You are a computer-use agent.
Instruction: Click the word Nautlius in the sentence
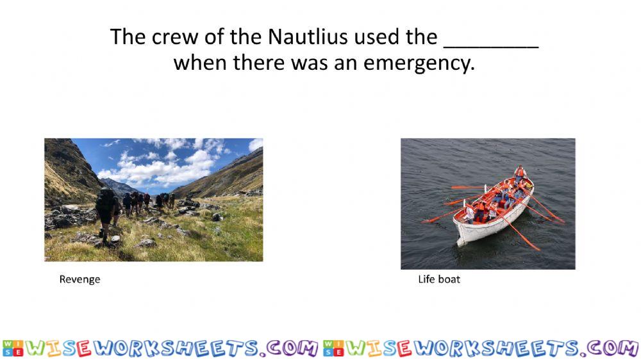[x=308, y=37]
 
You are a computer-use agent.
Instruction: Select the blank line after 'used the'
[x=491, y=47]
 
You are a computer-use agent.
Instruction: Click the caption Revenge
[x=79, y=279]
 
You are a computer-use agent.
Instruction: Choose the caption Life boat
[x=439, y=279]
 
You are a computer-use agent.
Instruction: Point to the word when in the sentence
[x=200, y=63]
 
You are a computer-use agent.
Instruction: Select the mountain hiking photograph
[x=154, y=200]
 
